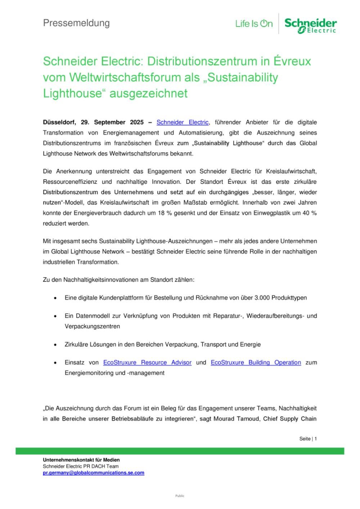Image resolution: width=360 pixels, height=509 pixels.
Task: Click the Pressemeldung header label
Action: coord(76,23)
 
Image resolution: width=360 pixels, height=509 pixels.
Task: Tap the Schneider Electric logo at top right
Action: coord(310,25)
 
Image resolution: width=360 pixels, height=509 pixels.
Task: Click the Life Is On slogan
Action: coord(254,24)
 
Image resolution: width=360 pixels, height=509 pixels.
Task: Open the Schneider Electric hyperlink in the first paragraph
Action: coord(183,122)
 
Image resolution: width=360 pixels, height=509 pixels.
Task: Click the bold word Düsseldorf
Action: coord(58,122)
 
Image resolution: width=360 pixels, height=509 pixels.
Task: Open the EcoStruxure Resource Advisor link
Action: coord(147,362)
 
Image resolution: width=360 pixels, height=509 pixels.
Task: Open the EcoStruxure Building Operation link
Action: coord(256,362)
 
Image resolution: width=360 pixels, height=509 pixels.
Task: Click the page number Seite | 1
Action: coord(308,439)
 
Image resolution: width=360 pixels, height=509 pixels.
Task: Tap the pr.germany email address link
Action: coord(94,473)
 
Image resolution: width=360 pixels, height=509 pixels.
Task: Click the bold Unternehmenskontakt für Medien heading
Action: coord(81,460)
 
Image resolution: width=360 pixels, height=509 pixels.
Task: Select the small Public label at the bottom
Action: coord(180,496)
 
